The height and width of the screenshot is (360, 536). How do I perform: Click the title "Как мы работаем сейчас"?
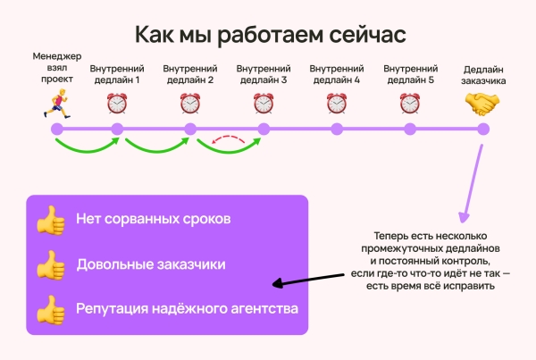tap(269, 34)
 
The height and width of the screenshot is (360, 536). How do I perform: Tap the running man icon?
tap(56, 104)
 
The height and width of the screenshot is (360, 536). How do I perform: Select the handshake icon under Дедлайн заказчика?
tap(482, 104)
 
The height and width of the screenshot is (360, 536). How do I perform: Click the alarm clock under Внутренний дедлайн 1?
tap(116, 104)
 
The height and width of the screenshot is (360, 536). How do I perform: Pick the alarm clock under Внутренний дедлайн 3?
tap(263, 104)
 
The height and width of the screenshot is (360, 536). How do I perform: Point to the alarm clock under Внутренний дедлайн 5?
tap(409, 104)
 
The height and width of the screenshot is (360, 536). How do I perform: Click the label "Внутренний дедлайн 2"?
tap(189, 73)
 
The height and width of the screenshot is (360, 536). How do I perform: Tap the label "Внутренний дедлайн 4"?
tap(336, 73)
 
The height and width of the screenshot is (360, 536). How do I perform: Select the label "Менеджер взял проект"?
tap(56, 67)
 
